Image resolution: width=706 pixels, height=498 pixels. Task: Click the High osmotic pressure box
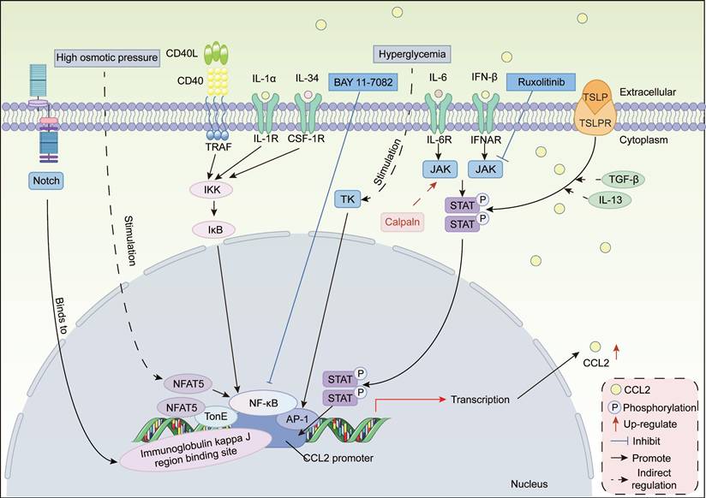click(107, 58)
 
